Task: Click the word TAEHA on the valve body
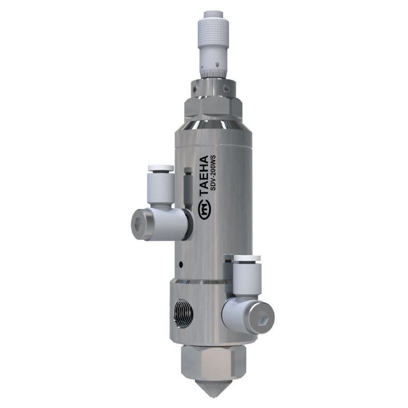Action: [204, 176]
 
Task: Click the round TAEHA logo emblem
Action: [204, 208]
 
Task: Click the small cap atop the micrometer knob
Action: [212, 14]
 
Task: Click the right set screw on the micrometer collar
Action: [225, 88]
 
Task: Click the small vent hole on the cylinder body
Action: [180, 264]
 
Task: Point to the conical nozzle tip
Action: [210, 388]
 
